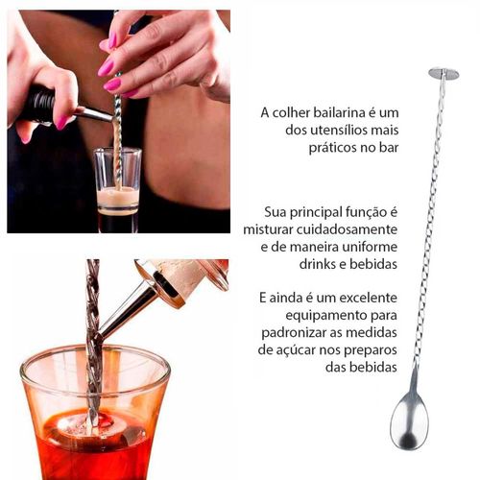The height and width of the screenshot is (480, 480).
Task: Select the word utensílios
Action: tap(340, 130)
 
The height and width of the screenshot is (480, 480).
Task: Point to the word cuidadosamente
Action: tap(347, 229)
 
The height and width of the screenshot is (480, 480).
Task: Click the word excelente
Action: tap(368, 298)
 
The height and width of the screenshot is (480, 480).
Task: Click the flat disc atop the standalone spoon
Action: tap(444, 73)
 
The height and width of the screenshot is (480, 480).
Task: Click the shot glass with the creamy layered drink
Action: tap(118, 189)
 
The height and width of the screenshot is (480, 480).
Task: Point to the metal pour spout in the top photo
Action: tap(94, 113)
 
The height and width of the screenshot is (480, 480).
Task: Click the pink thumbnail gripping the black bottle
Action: tap(61, 123)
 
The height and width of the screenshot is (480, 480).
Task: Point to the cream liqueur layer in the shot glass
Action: tap(117, 199)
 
